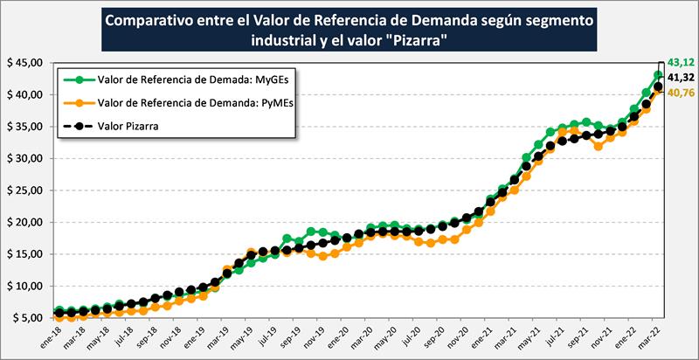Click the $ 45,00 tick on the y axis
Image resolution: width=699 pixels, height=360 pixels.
(25, 63)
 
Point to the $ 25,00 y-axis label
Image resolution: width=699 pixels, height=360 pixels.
(25, 190)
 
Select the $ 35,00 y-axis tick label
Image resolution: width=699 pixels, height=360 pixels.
(25, 127)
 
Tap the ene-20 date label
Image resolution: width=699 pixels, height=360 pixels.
(338, 337)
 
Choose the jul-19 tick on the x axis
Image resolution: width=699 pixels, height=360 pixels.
(266, 337)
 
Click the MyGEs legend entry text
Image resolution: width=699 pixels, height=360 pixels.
(186, 80)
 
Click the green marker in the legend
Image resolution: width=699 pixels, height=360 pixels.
(80, 80)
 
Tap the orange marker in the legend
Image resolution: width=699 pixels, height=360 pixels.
(80, 102)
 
